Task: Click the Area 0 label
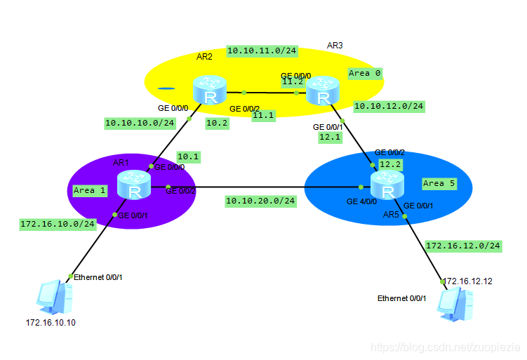(364, 73)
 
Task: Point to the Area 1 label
(89, 190)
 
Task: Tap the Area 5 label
(439, 183)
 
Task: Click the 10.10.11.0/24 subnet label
(262, 51)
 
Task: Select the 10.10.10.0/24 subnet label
(140, 123)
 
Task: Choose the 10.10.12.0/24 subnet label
(389, 106)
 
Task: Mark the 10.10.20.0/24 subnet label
(260, 201)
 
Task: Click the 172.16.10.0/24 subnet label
(58, 224)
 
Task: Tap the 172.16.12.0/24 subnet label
(463, 246)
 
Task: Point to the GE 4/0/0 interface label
(362, 201)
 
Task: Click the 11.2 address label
(292, 81)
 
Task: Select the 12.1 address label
(328, 138)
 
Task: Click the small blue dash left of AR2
(166, 89)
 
